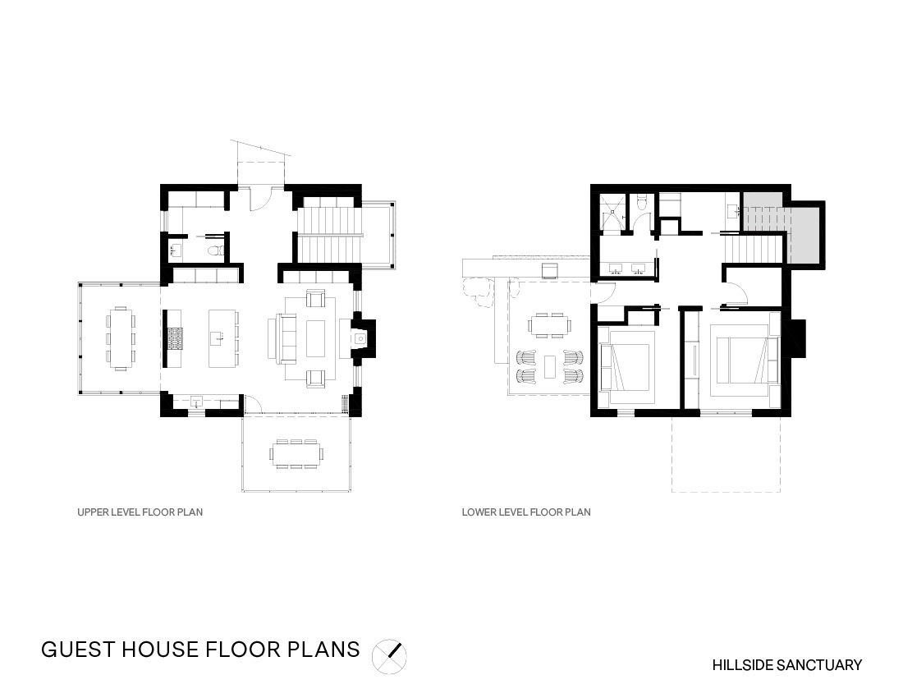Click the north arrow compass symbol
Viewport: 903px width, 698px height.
(x=389, y=657)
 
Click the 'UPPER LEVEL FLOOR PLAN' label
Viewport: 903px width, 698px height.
(x=140, y=512)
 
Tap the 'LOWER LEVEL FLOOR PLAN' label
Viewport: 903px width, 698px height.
(x=526, y=512)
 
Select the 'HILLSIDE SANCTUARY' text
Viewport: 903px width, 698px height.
(x=786, y=665)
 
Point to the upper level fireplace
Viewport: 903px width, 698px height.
(x=362, y=338)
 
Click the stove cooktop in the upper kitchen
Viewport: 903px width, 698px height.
(x=175, y=338)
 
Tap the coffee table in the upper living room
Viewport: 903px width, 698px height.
(x=316, y=338)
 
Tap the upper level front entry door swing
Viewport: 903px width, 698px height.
(x=260, y=199)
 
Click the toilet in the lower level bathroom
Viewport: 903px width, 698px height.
(x=642, y=203)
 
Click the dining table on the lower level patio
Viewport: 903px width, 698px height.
(x=549, y=325)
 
